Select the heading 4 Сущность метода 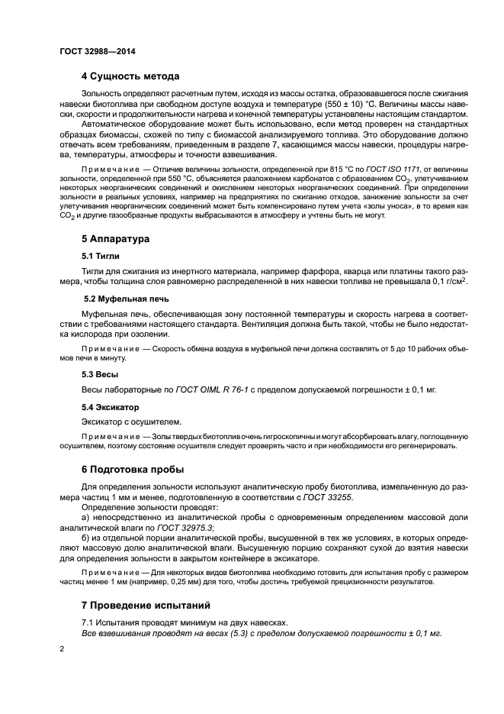point(130,76)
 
